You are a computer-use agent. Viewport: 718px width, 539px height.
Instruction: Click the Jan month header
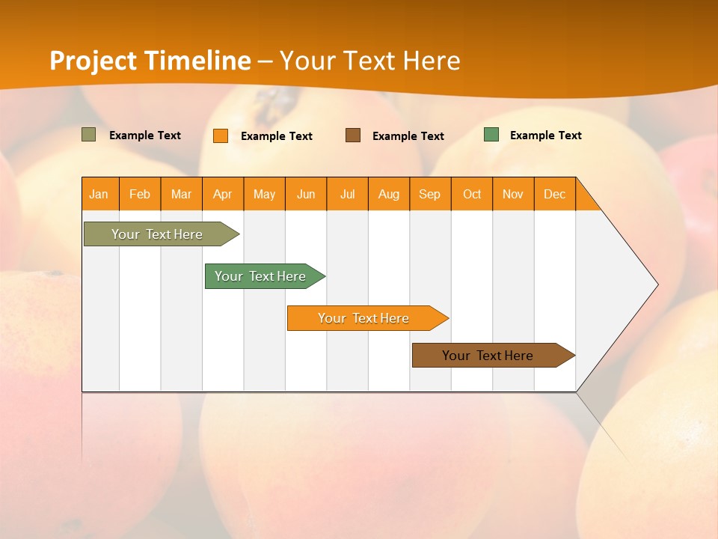point(99,194)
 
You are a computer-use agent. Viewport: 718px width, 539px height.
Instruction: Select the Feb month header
point(140,194)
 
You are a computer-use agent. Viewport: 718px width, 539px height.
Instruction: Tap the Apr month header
point(223,194)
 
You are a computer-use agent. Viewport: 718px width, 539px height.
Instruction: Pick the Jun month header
point(306,194)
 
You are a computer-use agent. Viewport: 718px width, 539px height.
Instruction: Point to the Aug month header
point(389,194)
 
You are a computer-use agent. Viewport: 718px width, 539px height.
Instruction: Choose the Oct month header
point(472,194)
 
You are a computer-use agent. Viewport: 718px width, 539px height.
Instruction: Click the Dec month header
point(555,194)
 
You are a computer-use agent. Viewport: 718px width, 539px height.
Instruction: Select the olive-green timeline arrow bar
point(157,234)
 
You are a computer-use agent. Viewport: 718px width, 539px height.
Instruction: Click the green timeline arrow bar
point(261,276)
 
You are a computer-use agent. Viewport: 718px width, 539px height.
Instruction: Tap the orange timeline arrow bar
point(363,318)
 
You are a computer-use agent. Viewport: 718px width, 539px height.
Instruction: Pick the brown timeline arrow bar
point(488,356)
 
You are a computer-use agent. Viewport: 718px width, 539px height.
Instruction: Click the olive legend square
point(89,135)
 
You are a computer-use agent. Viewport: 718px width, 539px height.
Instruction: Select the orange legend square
point(221,135)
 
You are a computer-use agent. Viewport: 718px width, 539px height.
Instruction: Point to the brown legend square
point(353,135)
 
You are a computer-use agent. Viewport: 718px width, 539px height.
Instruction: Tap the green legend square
point(491,135)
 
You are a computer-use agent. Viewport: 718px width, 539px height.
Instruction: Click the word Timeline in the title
point(197,61)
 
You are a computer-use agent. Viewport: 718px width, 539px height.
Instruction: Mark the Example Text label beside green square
point(545,135)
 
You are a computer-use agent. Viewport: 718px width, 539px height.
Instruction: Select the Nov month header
point(513,194)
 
